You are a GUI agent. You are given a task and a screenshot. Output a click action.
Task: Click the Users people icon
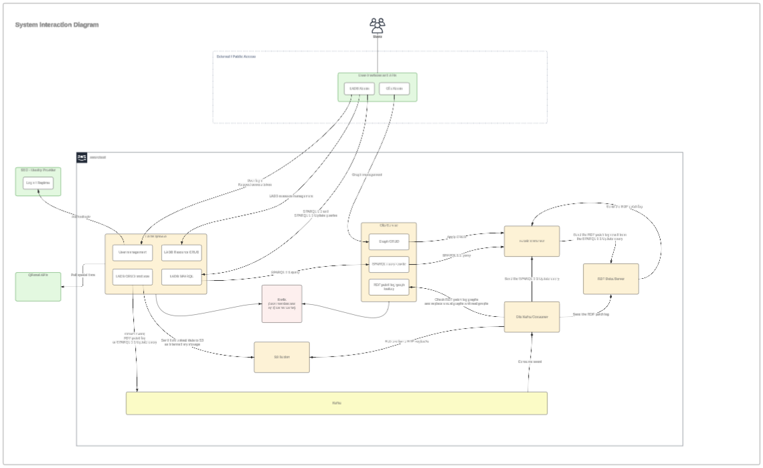377,25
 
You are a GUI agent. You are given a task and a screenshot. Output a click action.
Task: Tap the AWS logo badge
82,157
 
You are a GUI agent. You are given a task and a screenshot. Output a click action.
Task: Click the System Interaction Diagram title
57,25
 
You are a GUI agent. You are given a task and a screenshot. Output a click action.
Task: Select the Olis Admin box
394,89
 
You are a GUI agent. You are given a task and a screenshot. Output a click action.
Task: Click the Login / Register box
38,183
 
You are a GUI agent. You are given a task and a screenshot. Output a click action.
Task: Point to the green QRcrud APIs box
38,286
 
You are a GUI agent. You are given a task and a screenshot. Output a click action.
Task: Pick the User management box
133,252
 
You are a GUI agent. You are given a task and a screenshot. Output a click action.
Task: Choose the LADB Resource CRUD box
181,252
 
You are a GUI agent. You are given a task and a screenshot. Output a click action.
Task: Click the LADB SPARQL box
181,276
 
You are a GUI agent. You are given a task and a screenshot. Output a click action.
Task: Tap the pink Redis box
281,304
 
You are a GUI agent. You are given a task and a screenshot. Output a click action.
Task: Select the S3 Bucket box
281,357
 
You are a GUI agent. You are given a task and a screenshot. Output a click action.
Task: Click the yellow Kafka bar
337,403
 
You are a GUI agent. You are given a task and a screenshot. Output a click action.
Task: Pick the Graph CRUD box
389,241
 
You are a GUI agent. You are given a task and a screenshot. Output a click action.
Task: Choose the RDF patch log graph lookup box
389,287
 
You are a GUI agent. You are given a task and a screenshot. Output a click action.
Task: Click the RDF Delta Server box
610,278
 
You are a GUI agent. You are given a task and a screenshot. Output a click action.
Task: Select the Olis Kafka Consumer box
531,317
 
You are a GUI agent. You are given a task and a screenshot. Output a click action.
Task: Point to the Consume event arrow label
529,362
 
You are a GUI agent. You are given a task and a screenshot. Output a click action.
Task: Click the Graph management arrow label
367,174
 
